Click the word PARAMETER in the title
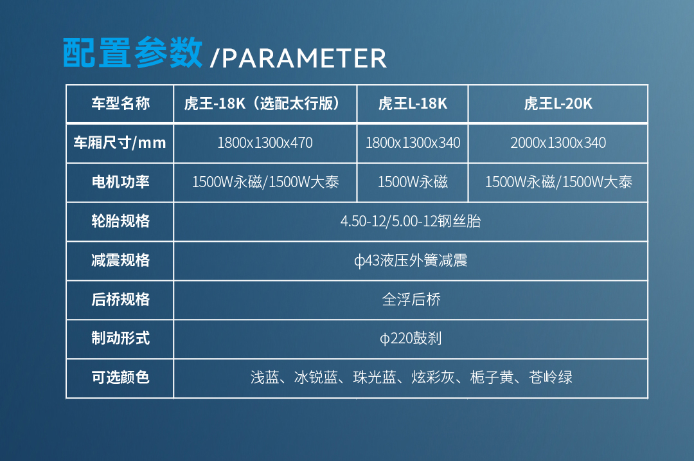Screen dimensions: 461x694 [x=305, y=59]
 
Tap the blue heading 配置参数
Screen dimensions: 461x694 [x=133, y=53]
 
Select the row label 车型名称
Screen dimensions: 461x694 [x=120, y=104]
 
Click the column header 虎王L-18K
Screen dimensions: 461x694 [x=413, y=104]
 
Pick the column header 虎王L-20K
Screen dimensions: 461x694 [x=558, y=104]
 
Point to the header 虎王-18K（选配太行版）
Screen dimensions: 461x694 [x=265, y=104]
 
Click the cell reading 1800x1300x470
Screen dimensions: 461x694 [x=265, y=143]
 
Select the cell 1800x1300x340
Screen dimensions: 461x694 [x=413, y=143]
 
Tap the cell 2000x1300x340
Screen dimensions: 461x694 [x=558, y=143]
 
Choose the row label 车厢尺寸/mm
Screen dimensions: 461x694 [x=120, y=143]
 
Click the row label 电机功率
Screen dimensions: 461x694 [x=120, y=182]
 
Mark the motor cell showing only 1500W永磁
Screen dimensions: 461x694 [x=413, y=182]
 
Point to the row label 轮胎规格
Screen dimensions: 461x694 [x=120, y=221]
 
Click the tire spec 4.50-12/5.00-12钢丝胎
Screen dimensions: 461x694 [x=411, y=222]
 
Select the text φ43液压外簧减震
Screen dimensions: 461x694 [x=411, y=260]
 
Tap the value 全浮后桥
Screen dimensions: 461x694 [x=411, y=300]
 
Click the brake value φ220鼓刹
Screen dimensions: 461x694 [x=411, y=339]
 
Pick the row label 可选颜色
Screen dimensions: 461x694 [x=120, y=377]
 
